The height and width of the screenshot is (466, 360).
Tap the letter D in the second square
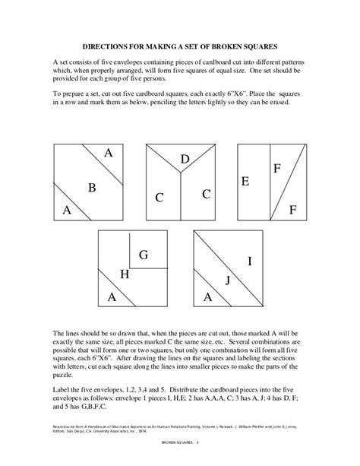pos(185,159)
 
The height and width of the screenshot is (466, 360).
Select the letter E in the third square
pos(245,182)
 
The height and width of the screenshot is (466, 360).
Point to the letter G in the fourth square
pos(142,254)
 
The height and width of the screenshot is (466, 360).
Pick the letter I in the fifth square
pos(250,262)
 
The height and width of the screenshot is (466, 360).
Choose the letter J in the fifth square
pos(226,281)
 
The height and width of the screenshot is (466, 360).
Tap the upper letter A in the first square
pos(109,153)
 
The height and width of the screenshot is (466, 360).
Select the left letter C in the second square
pos(159,198)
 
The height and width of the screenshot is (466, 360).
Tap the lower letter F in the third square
pos(292,208)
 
